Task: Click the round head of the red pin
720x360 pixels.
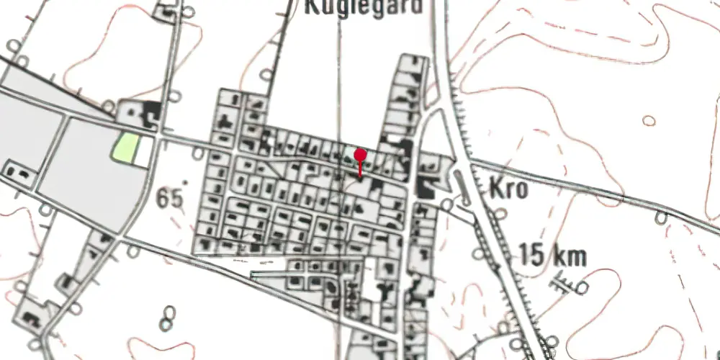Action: click(361, 155)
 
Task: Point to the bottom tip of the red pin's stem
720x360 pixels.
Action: click(361, 176)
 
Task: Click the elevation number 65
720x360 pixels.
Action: click(168, 196)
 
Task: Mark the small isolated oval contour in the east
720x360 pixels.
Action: click(649, 120)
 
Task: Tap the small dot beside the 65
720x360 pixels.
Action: click(185, 183)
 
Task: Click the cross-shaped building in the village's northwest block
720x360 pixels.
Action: click(225, 120)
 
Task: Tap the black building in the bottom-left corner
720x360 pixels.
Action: click(31, 318)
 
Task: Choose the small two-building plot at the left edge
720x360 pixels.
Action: click(19, 172)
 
